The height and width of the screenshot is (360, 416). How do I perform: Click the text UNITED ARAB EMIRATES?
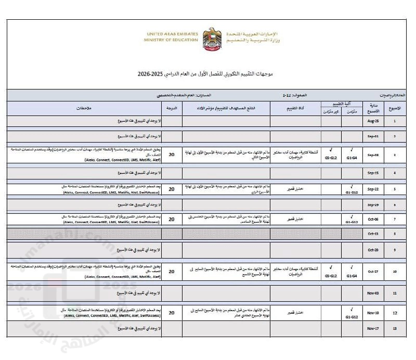[172, 34]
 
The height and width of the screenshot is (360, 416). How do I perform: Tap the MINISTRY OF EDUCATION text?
[172, 40]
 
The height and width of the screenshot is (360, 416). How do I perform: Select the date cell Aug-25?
[372, 121]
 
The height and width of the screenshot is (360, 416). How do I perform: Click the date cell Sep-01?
[372, 136]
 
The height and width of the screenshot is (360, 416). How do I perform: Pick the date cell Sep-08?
[372, 155]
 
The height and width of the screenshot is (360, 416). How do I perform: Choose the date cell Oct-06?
[372, 219]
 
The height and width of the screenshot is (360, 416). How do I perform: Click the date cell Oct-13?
[372, 234]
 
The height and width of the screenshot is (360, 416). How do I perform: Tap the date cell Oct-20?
[372, 250]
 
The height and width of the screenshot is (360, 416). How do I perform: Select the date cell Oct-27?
[372, 271]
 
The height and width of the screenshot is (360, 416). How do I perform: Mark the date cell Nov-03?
[372, 293]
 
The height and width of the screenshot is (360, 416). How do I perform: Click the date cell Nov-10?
[372, 313]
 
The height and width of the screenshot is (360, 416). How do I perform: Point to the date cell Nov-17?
[372, 329]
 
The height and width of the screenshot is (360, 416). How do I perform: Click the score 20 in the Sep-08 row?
[172, 155]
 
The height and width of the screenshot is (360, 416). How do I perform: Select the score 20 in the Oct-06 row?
[172, 219]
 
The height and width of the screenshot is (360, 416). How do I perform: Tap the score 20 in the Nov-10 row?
[172, 313]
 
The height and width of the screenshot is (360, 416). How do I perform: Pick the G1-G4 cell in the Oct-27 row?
[352, 274]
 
